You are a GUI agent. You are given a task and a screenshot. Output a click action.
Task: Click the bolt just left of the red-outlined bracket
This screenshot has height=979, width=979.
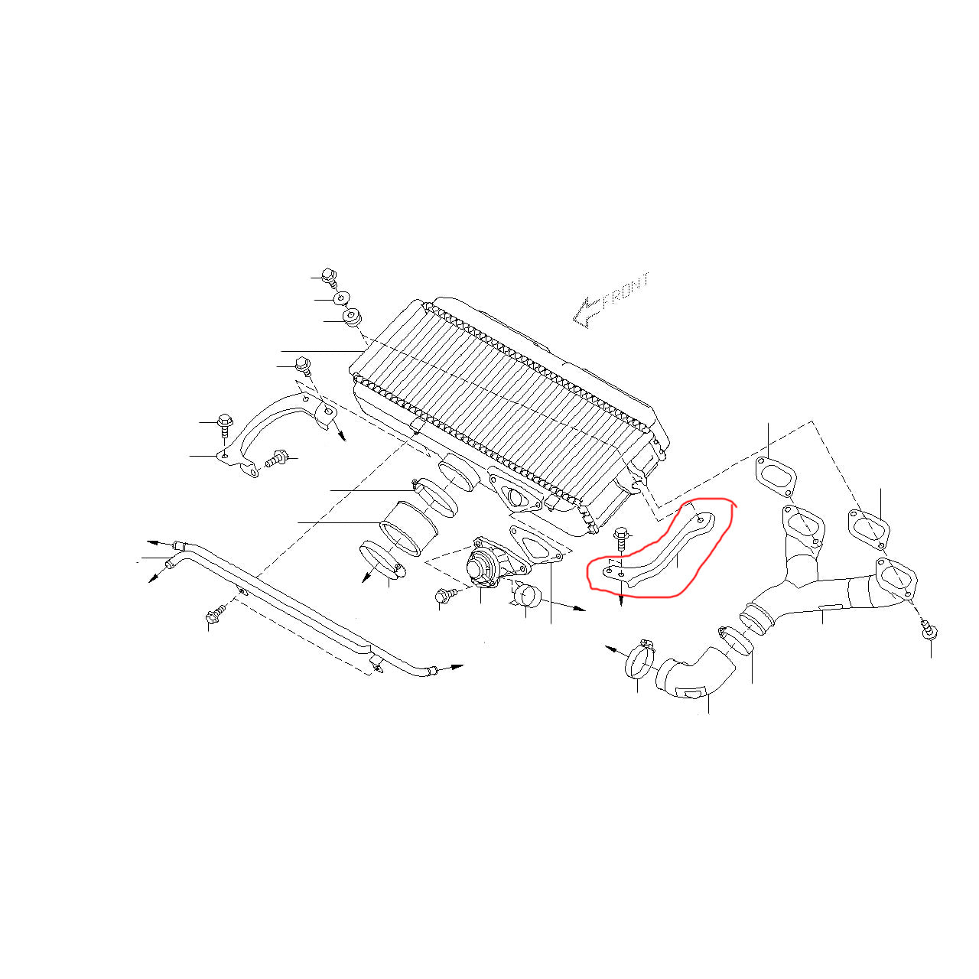point(621,540)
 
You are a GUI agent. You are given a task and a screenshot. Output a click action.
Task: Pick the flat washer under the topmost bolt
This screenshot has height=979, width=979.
point(340,298)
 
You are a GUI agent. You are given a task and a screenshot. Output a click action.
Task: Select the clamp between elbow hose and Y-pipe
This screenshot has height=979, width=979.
point(733,641)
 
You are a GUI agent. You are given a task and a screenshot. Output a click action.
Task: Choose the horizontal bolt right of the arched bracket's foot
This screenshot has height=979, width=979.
point(276,458)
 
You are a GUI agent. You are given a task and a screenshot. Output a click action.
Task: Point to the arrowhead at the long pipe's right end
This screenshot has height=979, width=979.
point(457,666)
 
